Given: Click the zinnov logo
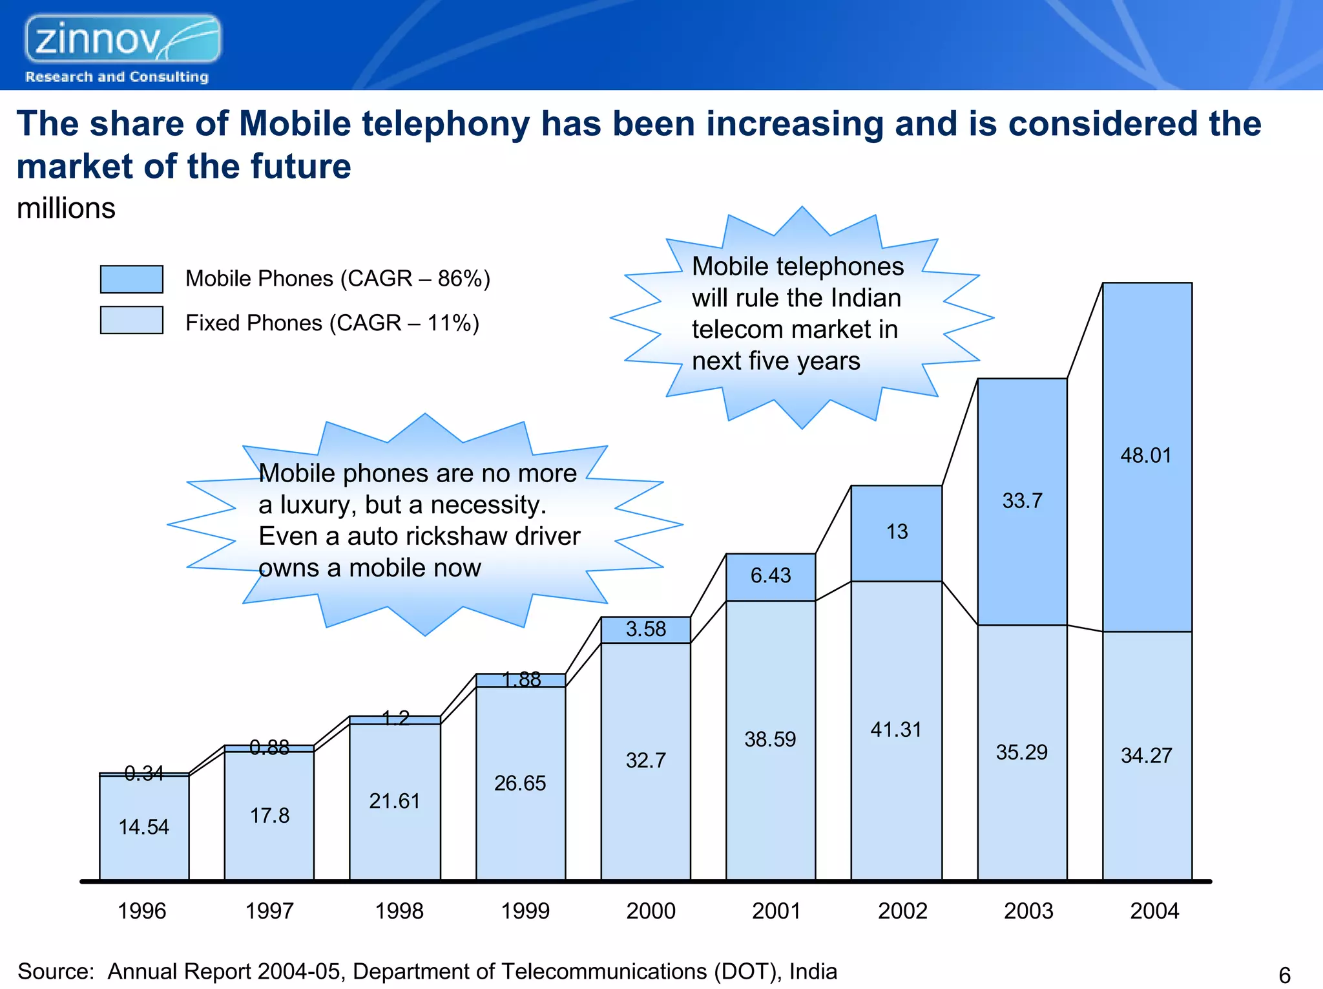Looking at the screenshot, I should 123,40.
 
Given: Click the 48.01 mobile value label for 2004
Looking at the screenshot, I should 1145,456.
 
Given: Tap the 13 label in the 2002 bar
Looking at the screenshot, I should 897,532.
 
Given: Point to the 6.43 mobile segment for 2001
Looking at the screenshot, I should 770,576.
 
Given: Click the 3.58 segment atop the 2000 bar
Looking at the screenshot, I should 645,630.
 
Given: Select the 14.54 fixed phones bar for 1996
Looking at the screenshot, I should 143,827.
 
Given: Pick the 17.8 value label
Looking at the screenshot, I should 269,816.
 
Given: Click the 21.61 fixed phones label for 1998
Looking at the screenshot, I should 394,802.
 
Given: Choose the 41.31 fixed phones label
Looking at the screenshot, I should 895,730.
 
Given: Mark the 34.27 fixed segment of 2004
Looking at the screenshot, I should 1146,756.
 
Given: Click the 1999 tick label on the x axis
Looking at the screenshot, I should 525,911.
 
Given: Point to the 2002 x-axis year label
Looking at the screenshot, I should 902,911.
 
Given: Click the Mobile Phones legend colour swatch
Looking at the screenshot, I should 131,279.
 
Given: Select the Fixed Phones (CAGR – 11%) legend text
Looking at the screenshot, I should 332,323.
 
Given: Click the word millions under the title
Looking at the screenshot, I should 66,209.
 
